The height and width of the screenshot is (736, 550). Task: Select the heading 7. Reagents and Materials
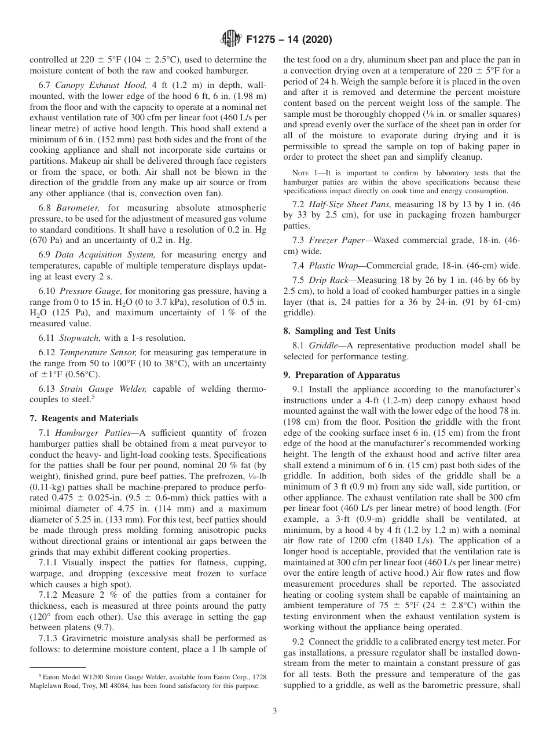coord(84,418)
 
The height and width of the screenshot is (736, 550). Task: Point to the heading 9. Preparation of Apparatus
coord(342,375)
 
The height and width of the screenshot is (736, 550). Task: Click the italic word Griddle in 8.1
coord(322,345)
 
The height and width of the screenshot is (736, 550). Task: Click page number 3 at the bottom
coord(275,711)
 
